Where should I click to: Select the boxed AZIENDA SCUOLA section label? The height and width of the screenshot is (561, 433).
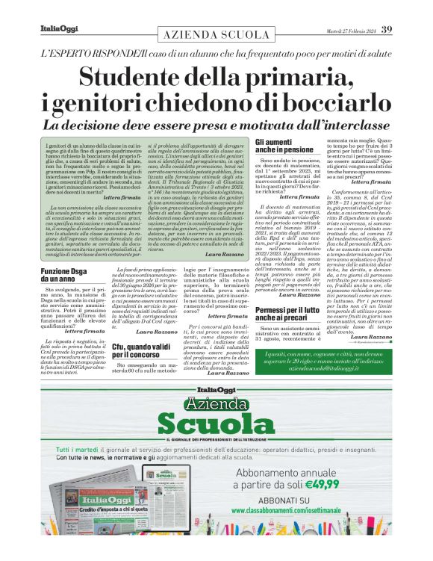(x=216, y=35)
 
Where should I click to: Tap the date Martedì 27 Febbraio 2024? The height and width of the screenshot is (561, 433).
(x=350, y=31)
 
